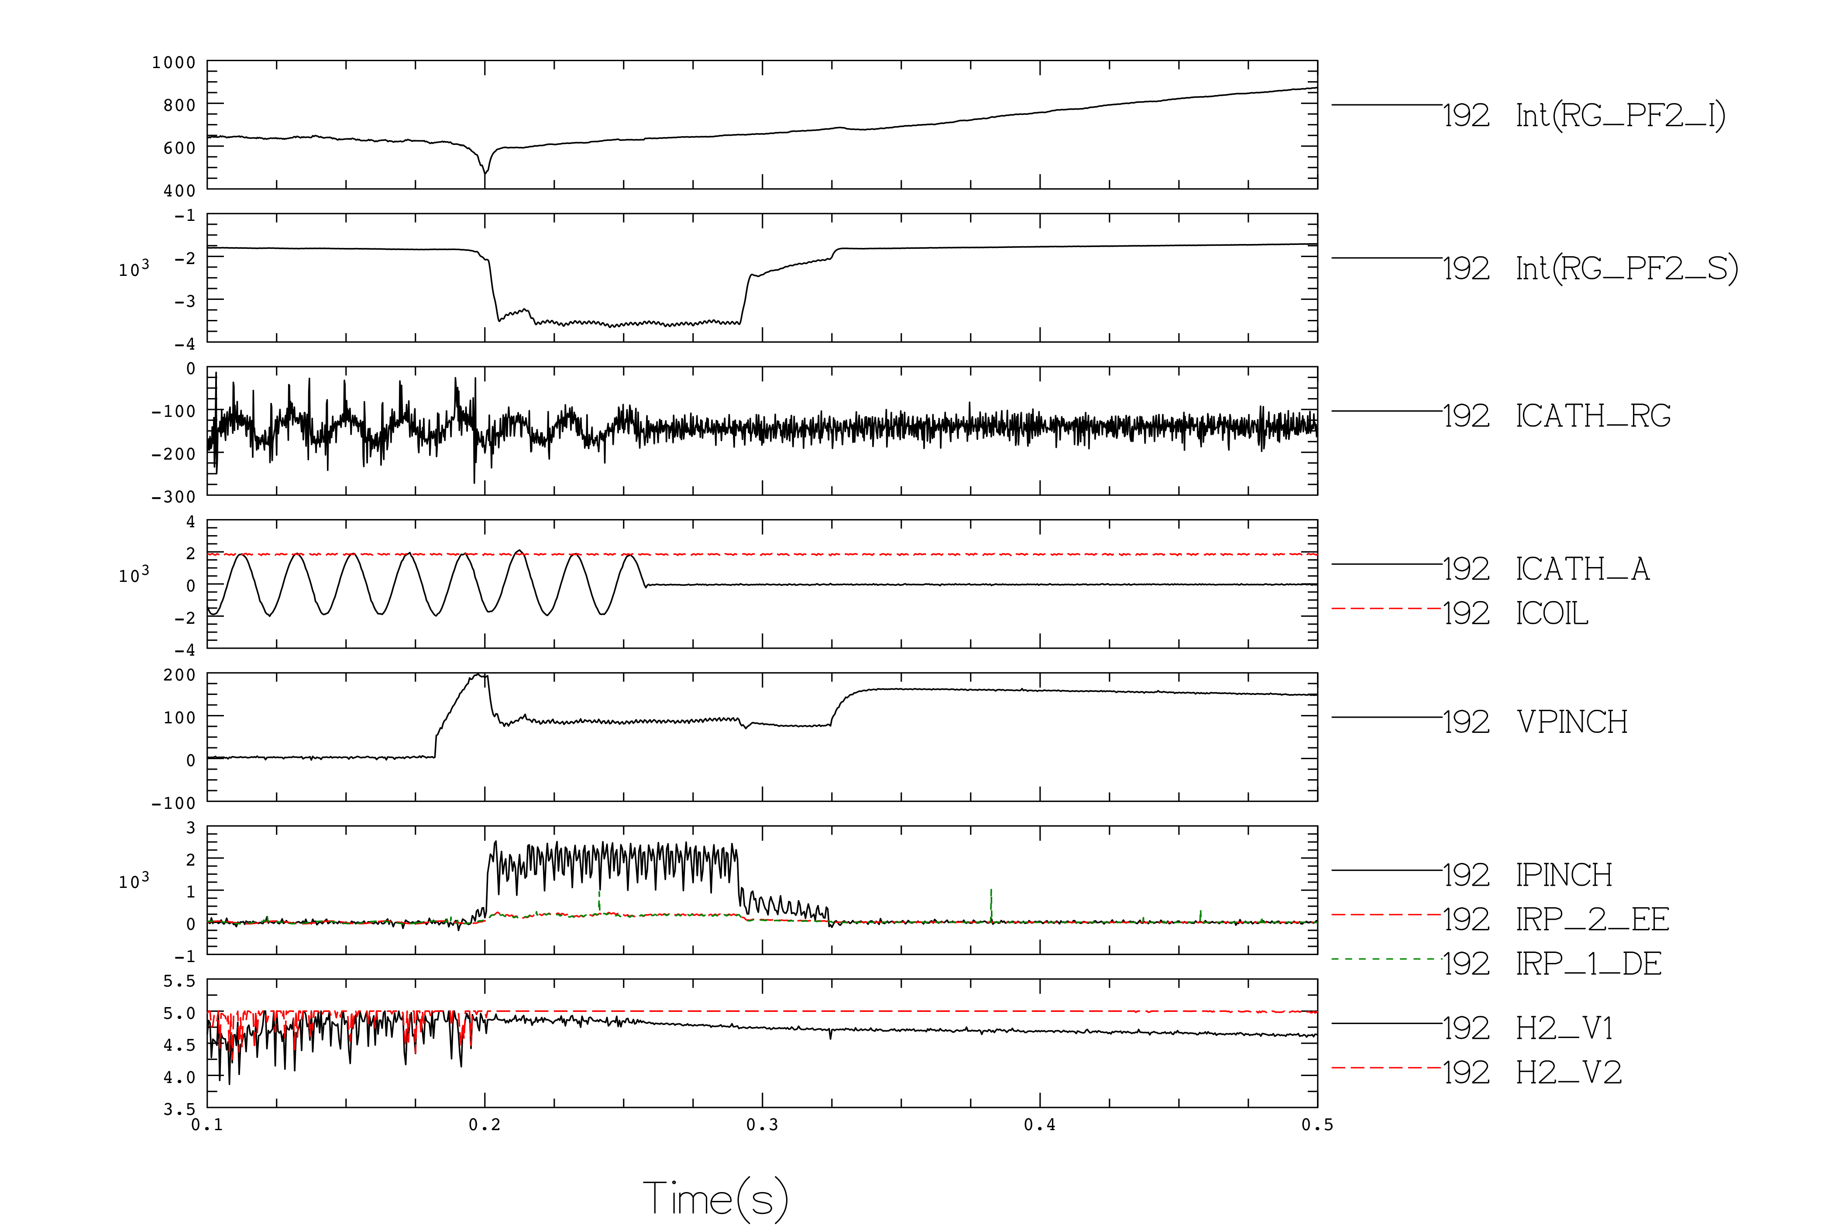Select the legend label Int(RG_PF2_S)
[1626, 268]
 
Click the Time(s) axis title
[715, 1199]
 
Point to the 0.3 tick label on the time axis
[762, 1125]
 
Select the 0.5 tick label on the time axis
[1317, 1125]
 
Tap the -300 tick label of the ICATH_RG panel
[173, 497]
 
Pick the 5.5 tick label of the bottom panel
[179, 981]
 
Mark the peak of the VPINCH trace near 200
[480, 674]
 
